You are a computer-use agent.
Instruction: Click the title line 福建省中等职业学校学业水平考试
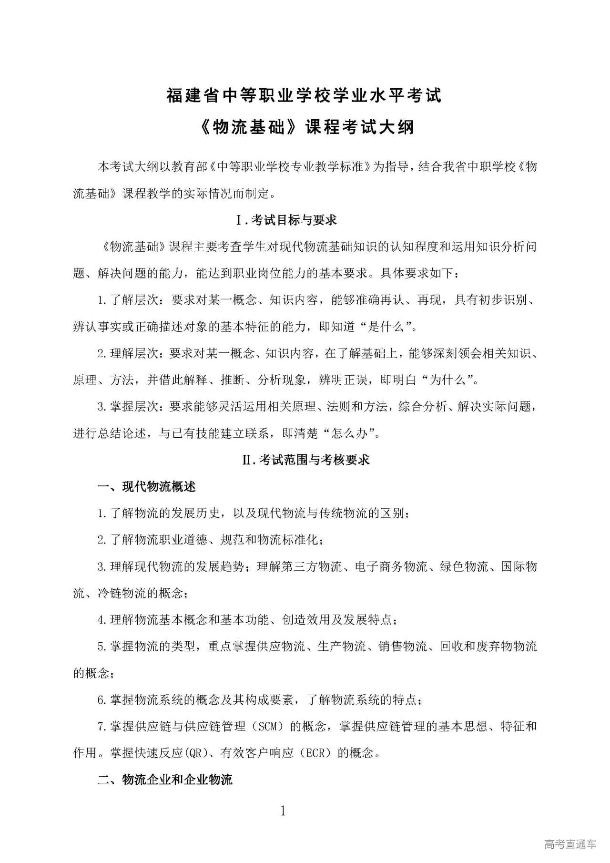(x=304, y=95)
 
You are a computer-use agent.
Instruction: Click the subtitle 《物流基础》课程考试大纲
(x=304, y=127)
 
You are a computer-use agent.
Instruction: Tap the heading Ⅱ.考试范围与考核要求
(x=306, y=460)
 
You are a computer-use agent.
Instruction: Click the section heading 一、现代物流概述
(x=146, y=487)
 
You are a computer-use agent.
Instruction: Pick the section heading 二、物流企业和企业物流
(x=165, y=780)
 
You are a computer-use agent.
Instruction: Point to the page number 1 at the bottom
(x=283, y=811)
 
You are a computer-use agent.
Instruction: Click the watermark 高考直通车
(x=570, y=843)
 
